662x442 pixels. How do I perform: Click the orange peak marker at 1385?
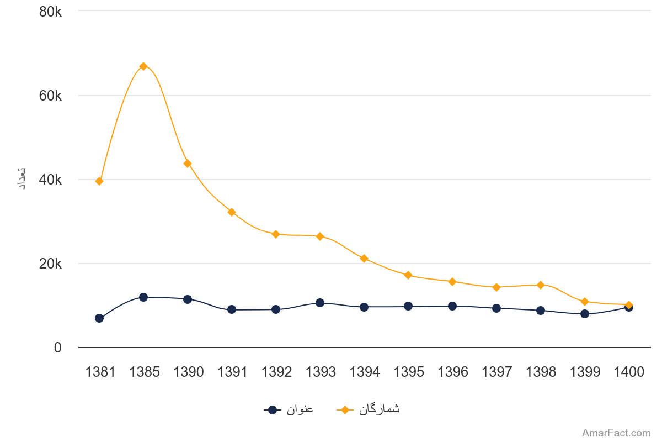(x=143, y=66)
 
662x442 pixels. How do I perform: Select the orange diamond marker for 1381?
(x=99, y=181)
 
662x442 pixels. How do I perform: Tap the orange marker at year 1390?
(x=188, y=164)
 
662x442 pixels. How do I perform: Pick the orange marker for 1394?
(x=364, y=259)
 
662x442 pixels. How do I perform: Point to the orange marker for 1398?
(x=541, y=285)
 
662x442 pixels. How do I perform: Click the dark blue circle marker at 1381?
(x=99, y=318)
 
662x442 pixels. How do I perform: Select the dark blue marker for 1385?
(x=143, y=297)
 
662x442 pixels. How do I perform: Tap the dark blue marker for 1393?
(x=320, y=303)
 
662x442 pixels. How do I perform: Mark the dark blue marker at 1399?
(x=585, y=314)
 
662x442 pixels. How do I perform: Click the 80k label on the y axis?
(x=50, y=11)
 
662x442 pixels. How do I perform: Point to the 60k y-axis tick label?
(x=50, y=96)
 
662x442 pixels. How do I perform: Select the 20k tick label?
(x=50, y=264)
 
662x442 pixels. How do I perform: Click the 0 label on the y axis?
(x=57, y=348)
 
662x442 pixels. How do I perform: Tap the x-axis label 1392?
(x=276, y=372)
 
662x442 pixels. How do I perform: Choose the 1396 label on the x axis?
(x=452, y=372)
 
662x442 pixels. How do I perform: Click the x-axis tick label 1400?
(x=629, y=372)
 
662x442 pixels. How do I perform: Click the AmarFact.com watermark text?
(x=616, y=433)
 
